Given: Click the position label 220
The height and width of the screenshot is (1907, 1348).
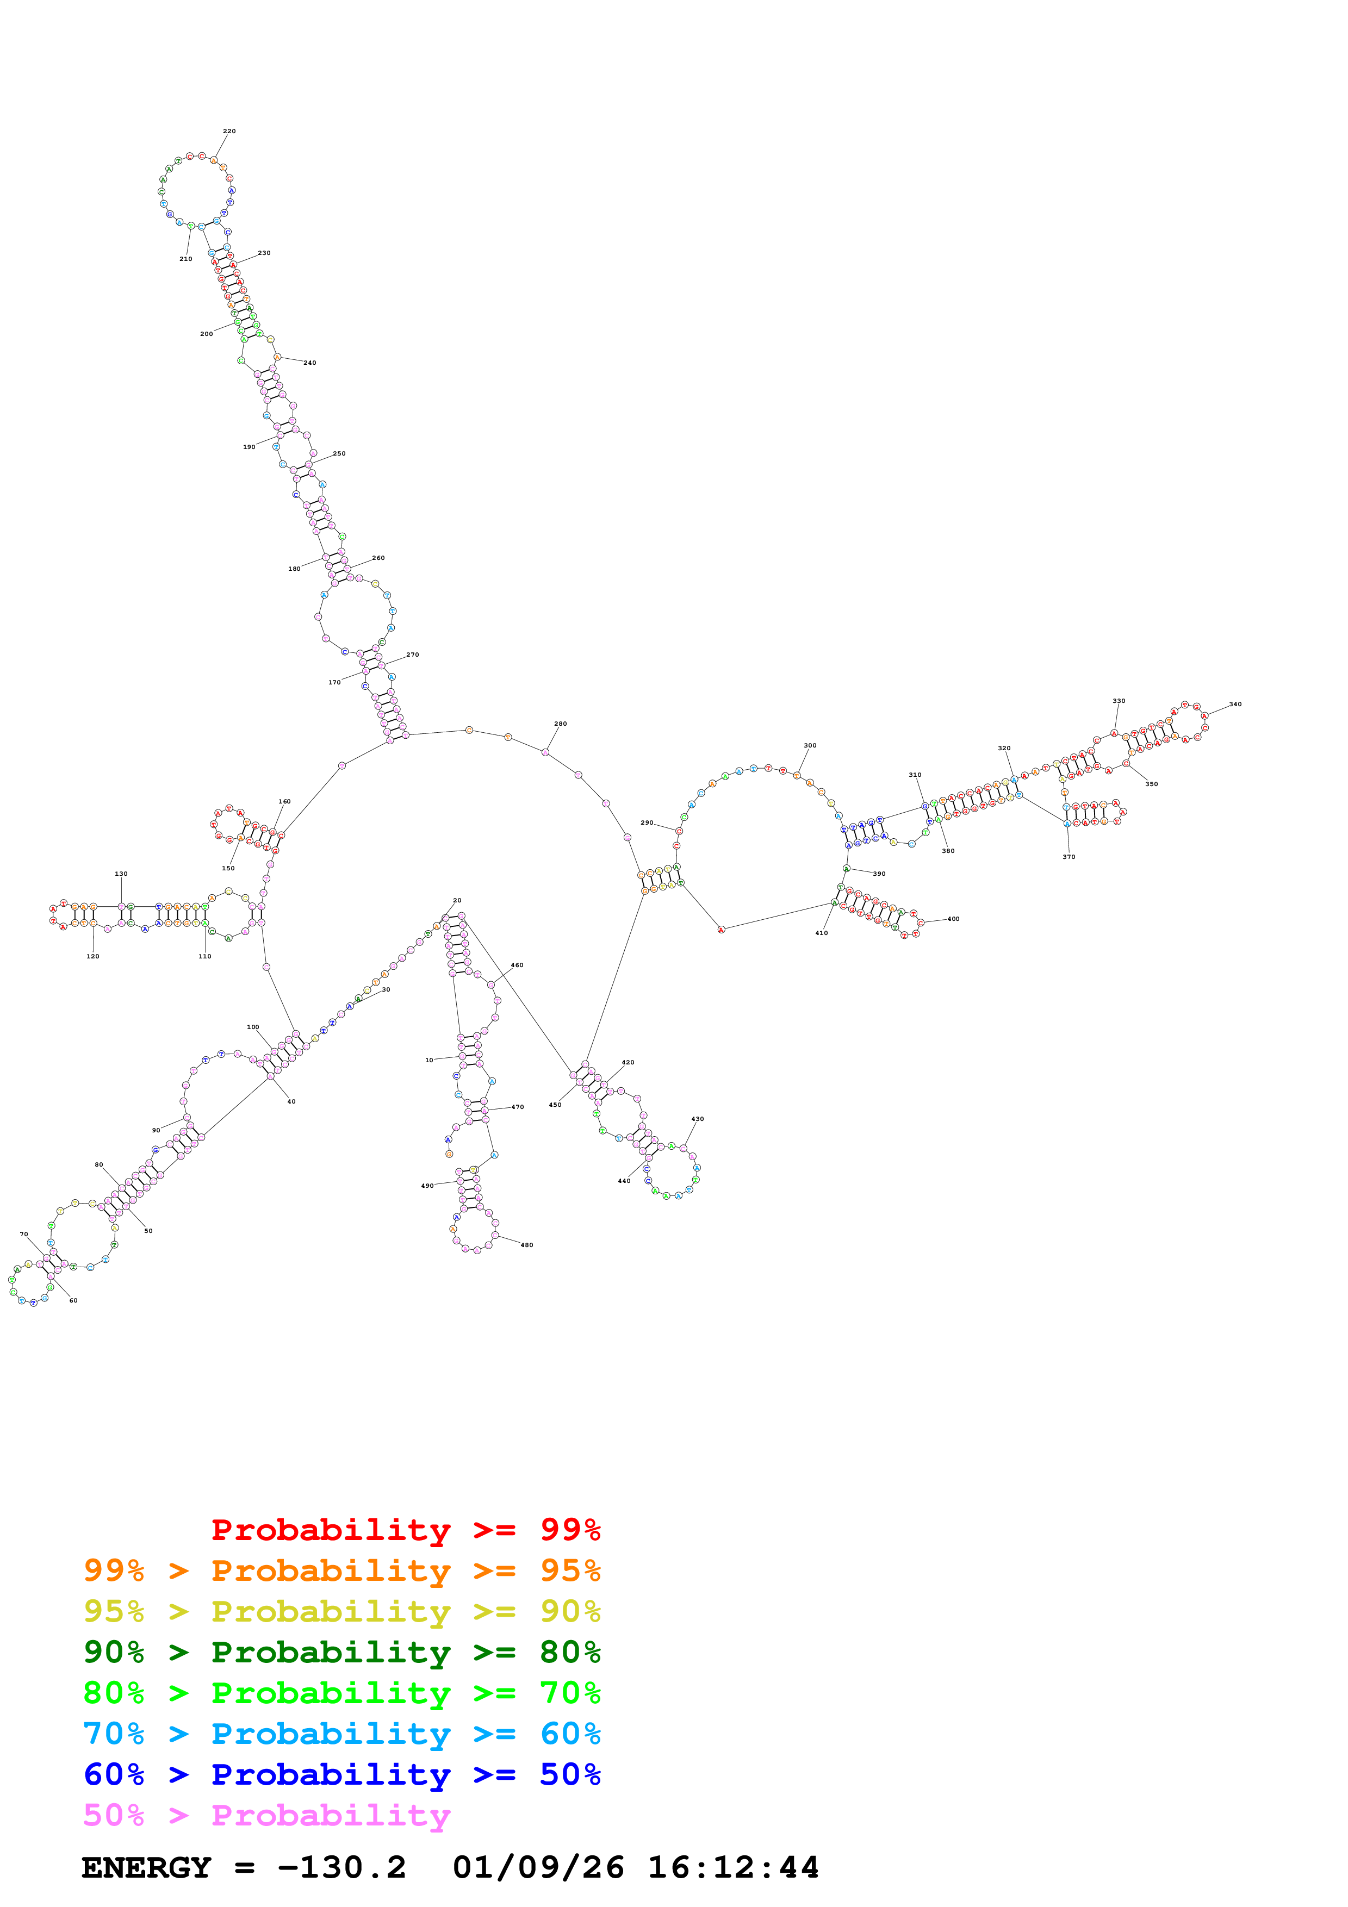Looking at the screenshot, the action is [x=229, y=131].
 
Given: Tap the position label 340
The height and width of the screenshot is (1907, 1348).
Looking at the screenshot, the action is [x=1235, y=705].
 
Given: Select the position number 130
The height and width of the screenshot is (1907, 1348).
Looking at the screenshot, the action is [x=121, y=874].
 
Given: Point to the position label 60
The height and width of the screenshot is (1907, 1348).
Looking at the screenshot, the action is [x=73, y=1301].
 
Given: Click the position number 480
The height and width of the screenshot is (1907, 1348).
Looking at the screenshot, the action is [x=526, y=1245].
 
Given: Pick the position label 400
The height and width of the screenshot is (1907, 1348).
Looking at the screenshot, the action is [x=953, y=919].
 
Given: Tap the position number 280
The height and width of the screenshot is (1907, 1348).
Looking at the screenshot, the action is [x=561, y=724].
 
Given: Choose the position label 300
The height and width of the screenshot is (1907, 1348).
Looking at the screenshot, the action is [x=810, y=745].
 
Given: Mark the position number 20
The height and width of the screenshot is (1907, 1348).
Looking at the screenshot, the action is [x=457, y=900].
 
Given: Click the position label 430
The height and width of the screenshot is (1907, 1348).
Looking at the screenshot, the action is [x=698, y=1119].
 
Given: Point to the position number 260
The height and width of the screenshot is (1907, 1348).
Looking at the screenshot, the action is [x=378, y=558].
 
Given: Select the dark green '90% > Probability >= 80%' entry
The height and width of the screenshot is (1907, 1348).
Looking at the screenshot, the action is [x=342, y=1652].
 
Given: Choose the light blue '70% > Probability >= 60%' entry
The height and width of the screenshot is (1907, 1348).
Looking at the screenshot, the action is [x=342, y=1734].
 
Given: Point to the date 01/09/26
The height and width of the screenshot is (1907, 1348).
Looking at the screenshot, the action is [x=538, y=1867].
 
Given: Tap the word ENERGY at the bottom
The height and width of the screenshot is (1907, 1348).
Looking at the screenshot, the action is [x=146, y=1867].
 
